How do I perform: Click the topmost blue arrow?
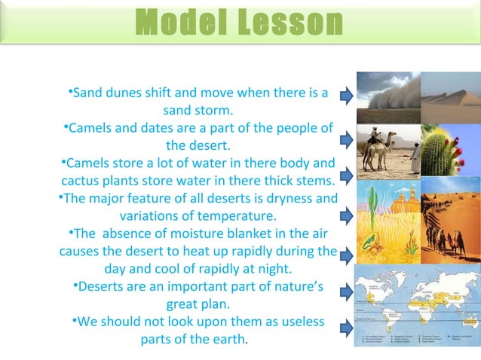click(345, 96)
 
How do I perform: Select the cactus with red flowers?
click(451, 150)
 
